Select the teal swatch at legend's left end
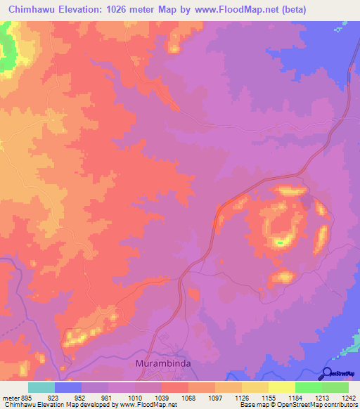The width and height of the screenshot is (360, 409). (x=41, y=387)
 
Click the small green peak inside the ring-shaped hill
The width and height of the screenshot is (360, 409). (x=280, y=243)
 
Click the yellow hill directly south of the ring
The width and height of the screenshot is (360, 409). (x=282, y=277)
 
